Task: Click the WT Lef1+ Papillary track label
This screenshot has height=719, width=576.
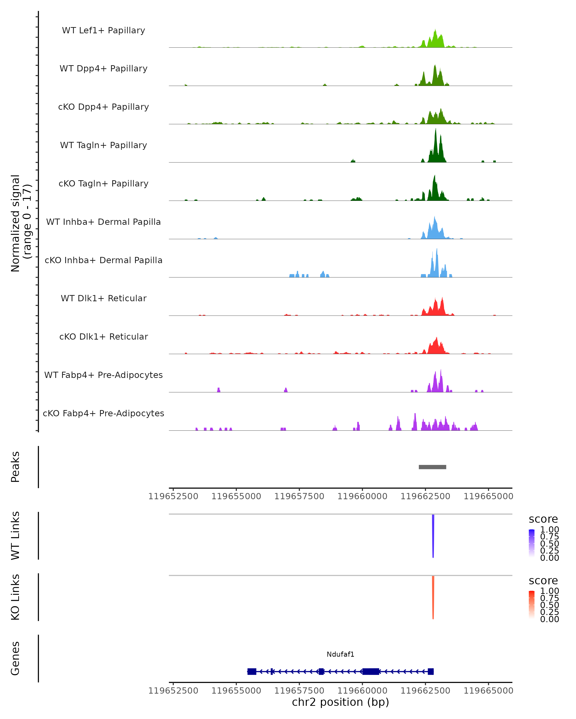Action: click(103, 30)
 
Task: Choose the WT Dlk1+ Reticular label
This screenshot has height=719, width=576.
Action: click(103, 298)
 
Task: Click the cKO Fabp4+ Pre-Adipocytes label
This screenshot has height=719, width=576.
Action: click(103, 413)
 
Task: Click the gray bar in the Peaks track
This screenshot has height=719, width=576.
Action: click(432, 467)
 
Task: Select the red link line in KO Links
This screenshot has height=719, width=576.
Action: click(433, 597)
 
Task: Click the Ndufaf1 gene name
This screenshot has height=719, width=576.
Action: click(340, 654)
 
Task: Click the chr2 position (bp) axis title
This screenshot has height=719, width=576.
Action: click(340, 702)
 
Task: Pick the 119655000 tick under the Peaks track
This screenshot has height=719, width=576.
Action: click(236, 496)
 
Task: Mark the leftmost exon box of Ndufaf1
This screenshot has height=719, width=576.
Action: click(252, 672)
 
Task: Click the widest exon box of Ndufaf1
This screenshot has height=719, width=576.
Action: click(371, 672)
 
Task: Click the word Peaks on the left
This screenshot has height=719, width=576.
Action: click(15, 467)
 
